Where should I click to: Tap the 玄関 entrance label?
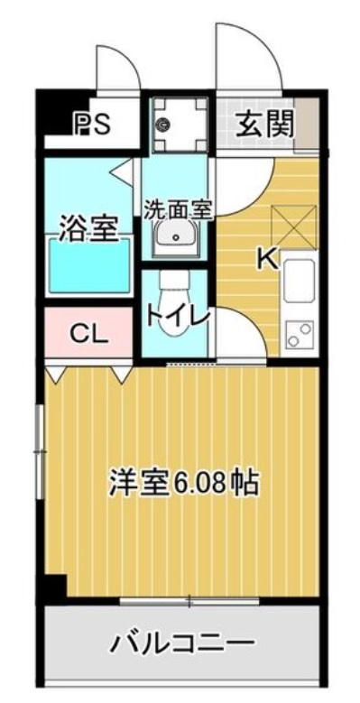(x=265, y=123)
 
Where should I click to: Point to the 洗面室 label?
(x=178, y=209)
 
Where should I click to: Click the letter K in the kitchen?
(x=266, y=260)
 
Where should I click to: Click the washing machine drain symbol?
(x=165, y=125)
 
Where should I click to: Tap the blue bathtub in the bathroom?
(x=88, y=267)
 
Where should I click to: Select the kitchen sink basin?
(x=299, y=280)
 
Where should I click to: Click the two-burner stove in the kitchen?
(x=299, y=333)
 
